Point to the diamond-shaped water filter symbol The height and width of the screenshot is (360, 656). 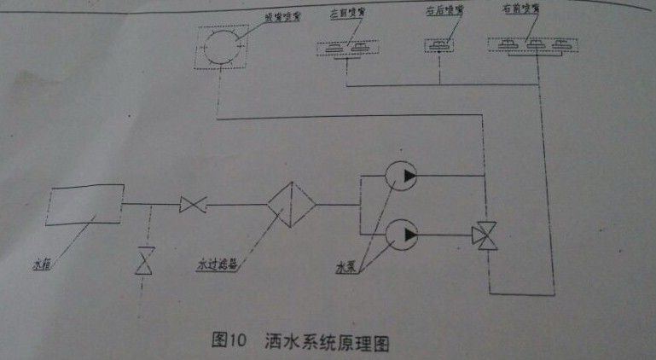click(x=291, y=204)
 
